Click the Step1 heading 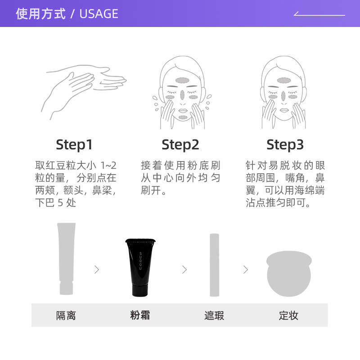(74, 144)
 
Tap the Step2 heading (180, 144)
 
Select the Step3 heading (285, 144)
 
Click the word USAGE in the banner (99, 14)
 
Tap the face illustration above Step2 (182, 92)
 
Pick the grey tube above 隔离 (66, 259)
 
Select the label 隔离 (66, 315)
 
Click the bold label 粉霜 (140, 315)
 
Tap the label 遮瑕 (214, 315)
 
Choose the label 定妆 (288, 315)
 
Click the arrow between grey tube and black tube (97, 270)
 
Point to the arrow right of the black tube (184, 270)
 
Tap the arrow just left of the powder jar (245, 270)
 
